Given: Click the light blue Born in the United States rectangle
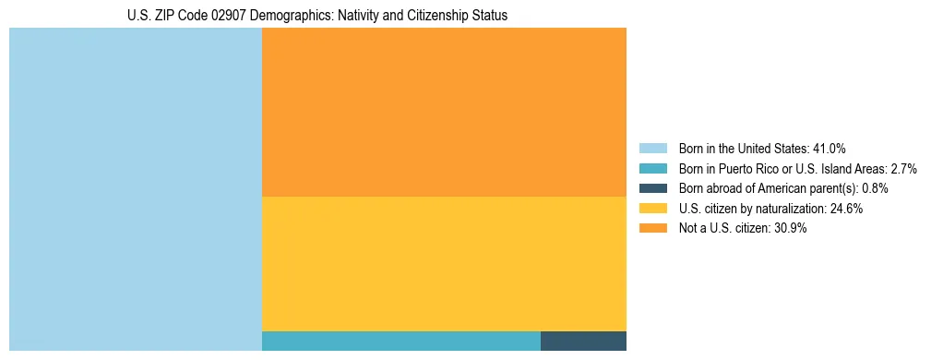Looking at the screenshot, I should [x=136, y=189].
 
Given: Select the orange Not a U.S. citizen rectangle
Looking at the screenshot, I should [x=444, y=112].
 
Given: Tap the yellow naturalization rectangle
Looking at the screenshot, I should [x=444, y=263].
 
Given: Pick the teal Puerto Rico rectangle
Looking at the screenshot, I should [x=400, y=341].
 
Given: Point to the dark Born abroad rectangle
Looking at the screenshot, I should [x=583, y=341].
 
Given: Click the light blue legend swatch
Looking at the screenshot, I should [x=652, y=148].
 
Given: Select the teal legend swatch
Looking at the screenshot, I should [x=652, y=168].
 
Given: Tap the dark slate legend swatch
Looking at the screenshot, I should [x=652, y=188].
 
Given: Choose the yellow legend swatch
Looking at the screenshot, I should [x=652, y=209].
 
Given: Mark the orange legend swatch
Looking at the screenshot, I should [x=652, y=229].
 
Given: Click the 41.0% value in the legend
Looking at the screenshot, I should [x=830, y=148].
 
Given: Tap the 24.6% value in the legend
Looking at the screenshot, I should [x=846, y=209].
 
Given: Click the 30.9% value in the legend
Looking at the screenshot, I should [x=791, y=229].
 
